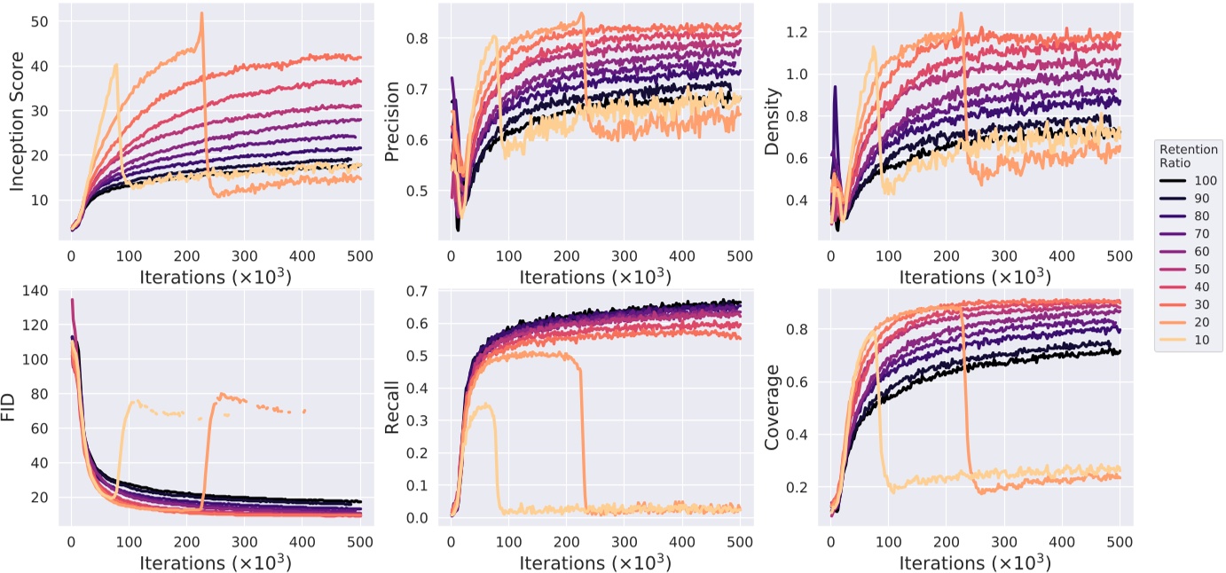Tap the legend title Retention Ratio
[1189, 156]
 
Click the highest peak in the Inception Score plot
[201, 13]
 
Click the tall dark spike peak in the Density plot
[835, 87]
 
